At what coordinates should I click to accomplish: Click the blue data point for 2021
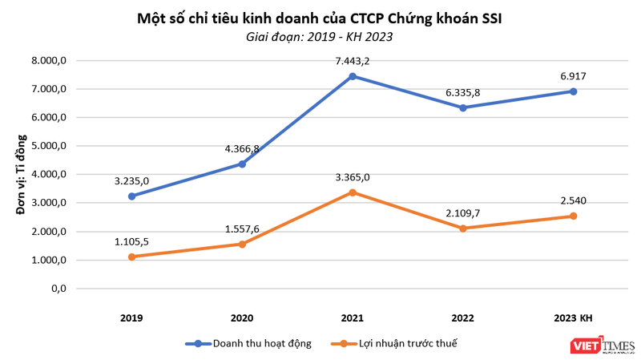point(353,76)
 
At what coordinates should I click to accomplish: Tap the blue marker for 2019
point(131,196)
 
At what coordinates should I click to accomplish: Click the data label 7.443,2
point(353,60)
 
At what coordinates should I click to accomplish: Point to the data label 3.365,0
point(353,177)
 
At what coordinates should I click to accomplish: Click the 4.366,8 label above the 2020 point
point(242,148)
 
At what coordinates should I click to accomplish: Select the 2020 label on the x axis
point(242,318)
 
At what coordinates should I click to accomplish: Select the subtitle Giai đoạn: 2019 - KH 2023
point(320,37)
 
